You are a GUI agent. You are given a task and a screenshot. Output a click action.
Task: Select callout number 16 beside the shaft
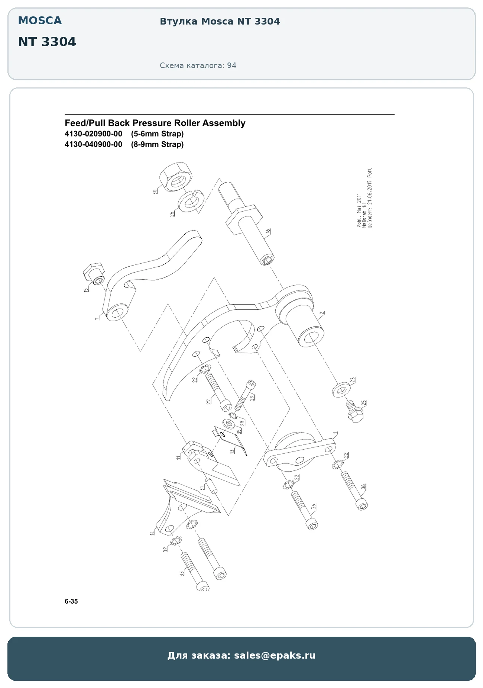(268, 231)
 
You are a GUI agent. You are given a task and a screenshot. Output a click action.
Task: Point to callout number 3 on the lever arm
(97, 318)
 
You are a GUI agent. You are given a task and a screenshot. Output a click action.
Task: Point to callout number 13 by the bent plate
(233, 451)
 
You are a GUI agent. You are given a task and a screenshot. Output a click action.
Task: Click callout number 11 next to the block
(178, 457)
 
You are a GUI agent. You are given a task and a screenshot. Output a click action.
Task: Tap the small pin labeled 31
(211, 486)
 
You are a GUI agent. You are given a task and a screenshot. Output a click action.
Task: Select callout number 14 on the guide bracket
(152, 533)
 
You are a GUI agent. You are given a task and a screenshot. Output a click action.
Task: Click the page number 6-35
(71, 601)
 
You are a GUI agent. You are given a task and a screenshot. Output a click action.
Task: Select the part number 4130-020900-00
(93, 134)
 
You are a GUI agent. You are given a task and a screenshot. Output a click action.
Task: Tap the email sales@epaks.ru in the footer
(275, 655)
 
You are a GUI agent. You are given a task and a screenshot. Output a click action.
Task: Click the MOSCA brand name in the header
(40, 20)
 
